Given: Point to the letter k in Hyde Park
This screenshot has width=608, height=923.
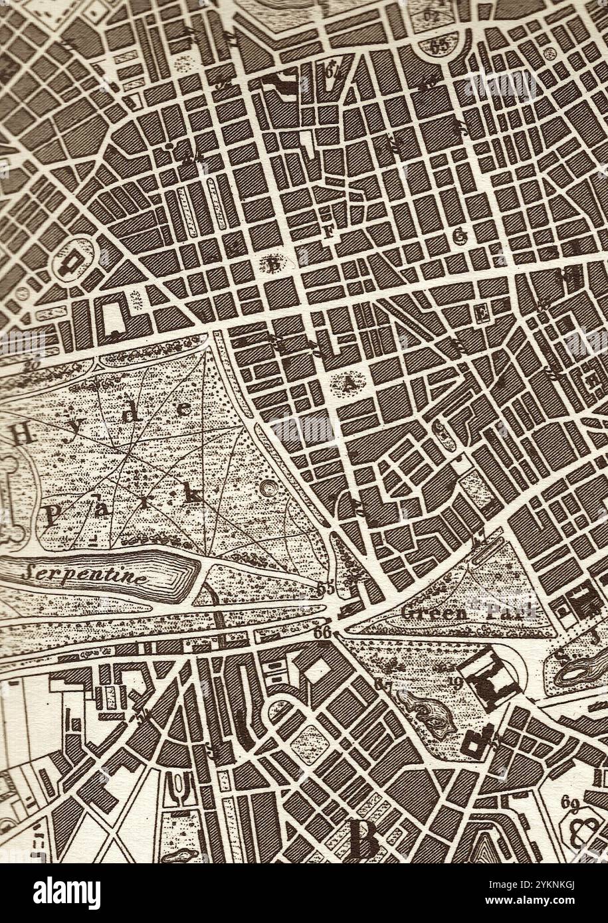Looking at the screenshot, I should coord(194,494).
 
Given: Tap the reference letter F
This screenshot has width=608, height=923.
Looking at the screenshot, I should coord(328,232).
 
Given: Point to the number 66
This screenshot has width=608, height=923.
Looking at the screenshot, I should coord(323,633).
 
